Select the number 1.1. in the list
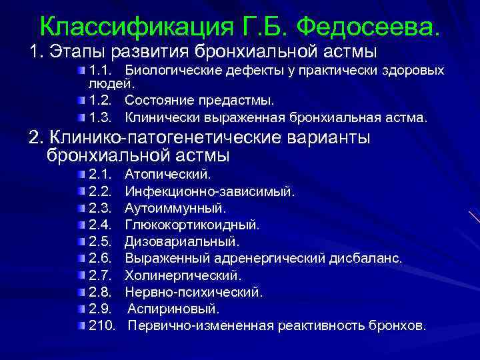tap(102, 71)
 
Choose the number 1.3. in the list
tap(102, 117)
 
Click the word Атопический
tap(167, 175)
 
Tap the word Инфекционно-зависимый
tap(209, 191)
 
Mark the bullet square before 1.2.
tap(81, 101)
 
